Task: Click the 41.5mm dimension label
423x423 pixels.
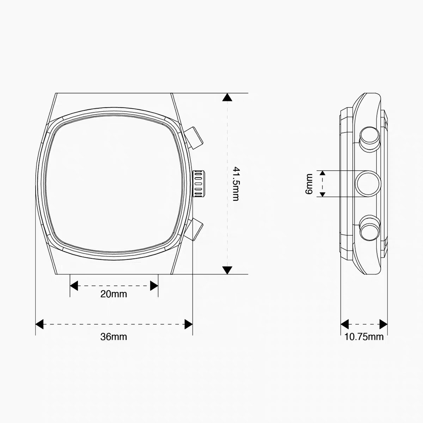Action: point(235,184)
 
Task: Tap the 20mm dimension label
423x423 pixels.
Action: point(114,294)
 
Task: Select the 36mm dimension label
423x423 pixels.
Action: point(114,337)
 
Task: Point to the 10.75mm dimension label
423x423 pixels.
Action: point(364,337)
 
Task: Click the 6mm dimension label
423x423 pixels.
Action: point(309,184)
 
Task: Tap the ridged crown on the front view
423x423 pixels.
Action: point(199,184)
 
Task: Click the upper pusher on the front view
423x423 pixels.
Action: point(193,137)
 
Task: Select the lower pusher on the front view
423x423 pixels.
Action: point(194,229)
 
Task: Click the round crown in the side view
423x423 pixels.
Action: point(368,184)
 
